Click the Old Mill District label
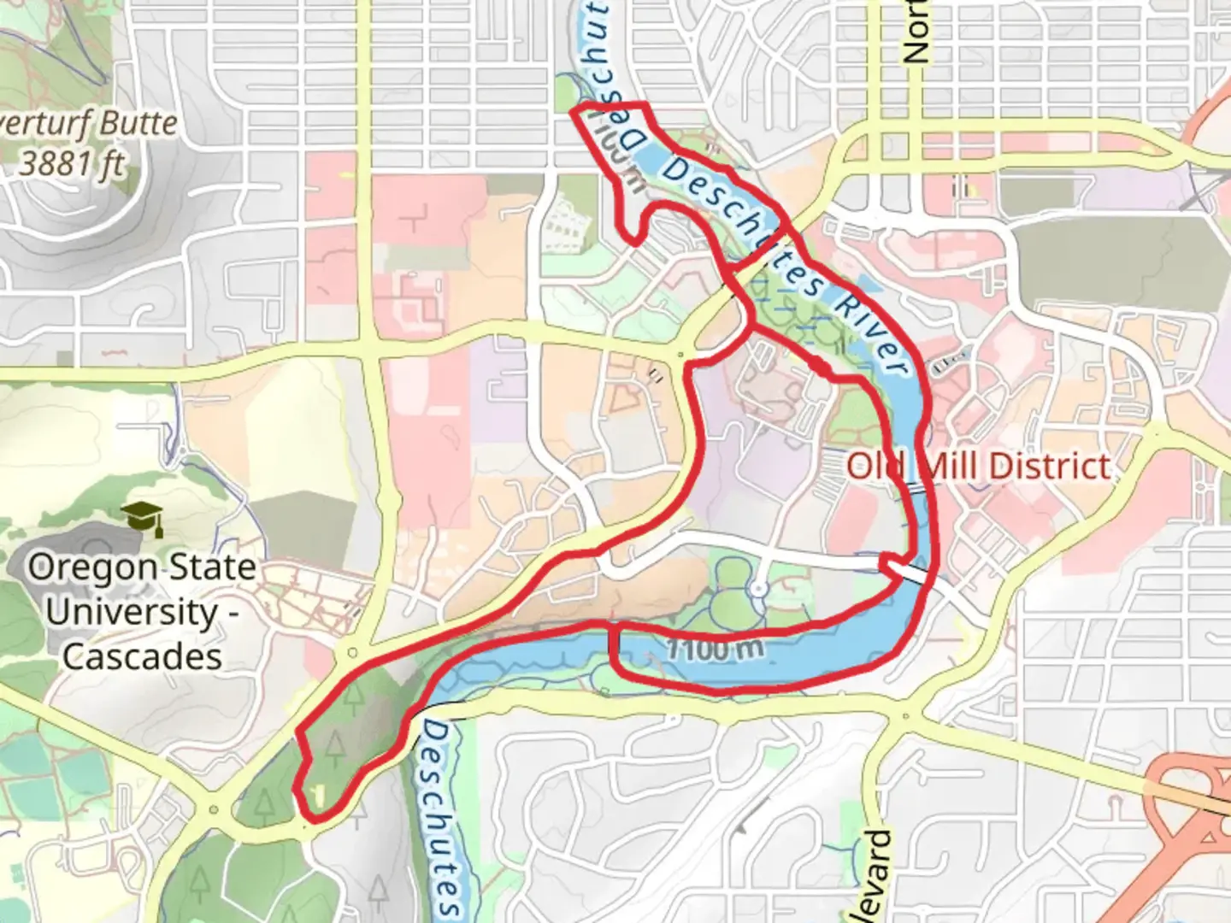pyautogui.click(x=978, y=467)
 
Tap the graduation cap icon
pyautogui.click(x=142, y=517)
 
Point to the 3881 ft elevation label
pyautogui.click(x=72, y=162)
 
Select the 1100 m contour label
pyautogui.click(x=714, y=650)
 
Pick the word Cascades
pyautogui.click(x=142, y=656)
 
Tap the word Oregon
pyautogui.click(x=81, y=567)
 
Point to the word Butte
pyautogui.click(x=136, y=124)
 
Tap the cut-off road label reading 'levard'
pyautogui.click(x=875, y=876)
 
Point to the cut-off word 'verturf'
pyautogui.click(x=44, y=124)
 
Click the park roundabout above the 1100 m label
pyautogui.click(x=758, y=589)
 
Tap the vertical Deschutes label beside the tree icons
pyautogui.click(x=443, y=816)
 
